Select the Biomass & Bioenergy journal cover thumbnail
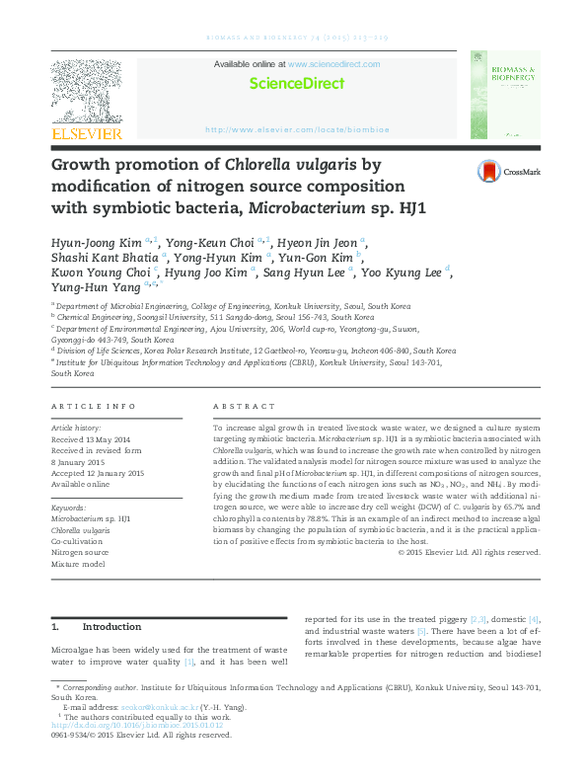504,96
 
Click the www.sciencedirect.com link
333,64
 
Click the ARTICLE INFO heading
93,407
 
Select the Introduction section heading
111,627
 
